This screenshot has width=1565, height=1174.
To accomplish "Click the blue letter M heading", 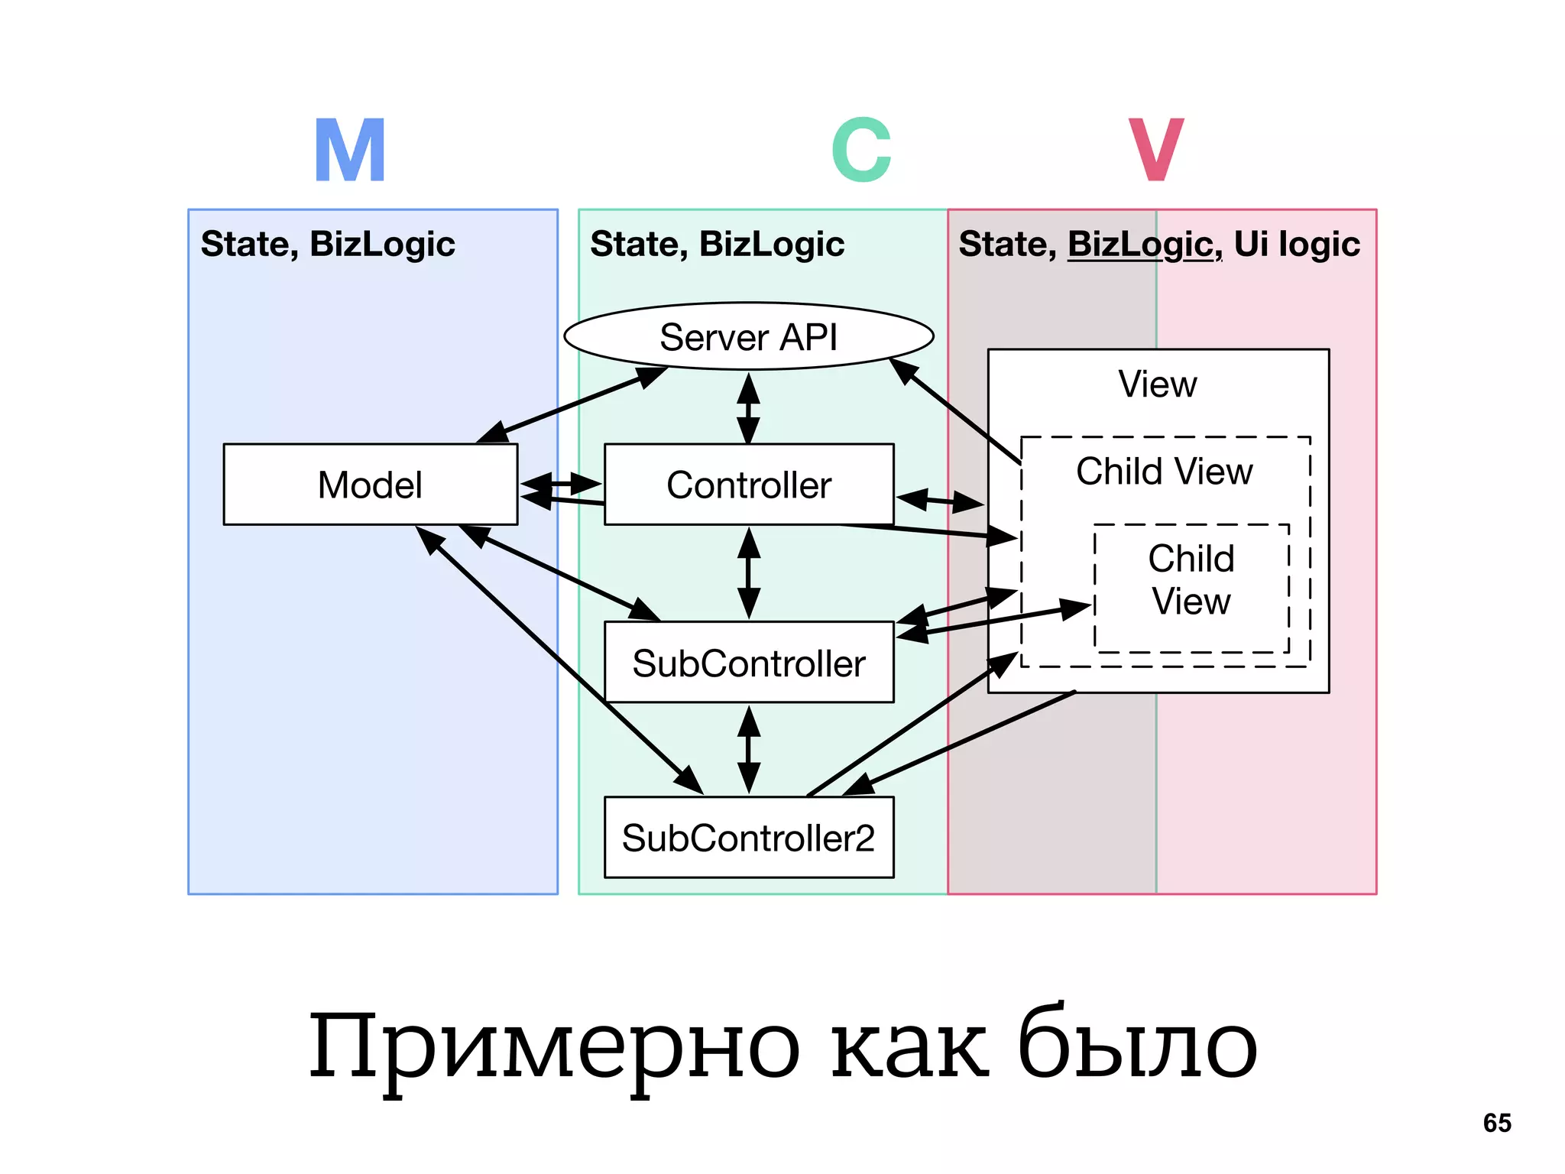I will click(350, 151).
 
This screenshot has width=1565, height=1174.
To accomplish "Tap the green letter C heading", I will click(861, 151).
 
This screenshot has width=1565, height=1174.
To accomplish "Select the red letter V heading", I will click(1156, 151).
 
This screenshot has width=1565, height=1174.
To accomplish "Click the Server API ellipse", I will click(748, 337).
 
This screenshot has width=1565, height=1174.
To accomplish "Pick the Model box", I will click(370, 485).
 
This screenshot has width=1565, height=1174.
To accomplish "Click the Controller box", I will click(749, 485).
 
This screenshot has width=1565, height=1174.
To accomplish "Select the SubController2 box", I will click(749, 838).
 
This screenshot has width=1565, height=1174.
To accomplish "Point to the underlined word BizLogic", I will click(1144, 245).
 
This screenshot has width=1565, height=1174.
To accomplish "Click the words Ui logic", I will click(1297, 245).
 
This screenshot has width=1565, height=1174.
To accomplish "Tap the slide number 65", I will click(1497, 1123).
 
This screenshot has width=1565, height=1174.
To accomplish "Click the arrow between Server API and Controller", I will click(748, 407).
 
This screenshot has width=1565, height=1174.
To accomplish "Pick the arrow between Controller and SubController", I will click(749, 573).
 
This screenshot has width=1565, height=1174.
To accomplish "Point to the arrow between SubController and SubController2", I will click(749, 750).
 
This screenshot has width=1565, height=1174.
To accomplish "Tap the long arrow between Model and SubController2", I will click(558, 659).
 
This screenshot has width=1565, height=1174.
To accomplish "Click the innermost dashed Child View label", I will click(1191, 579).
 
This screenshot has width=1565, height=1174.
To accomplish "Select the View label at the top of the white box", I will click(1158, 384).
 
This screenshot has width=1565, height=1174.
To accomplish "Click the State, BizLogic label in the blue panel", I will click(328, 245).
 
